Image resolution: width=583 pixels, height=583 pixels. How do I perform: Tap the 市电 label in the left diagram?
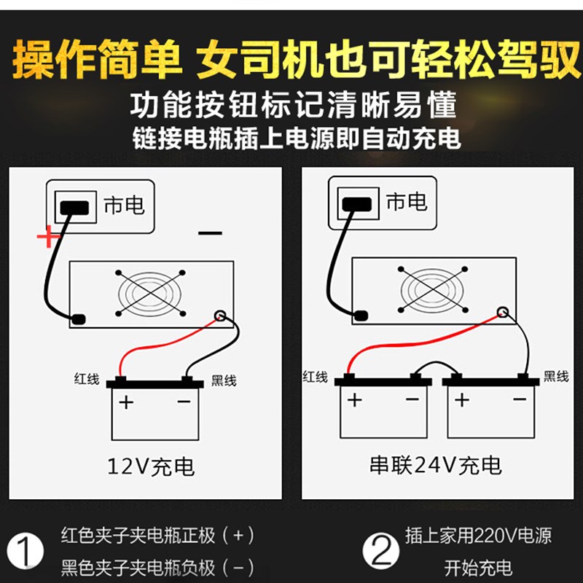(x=124, y=206)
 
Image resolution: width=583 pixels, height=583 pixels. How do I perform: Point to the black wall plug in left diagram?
(x=77, y=207)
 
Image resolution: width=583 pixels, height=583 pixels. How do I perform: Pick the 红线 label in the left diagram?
(x=87, y=378)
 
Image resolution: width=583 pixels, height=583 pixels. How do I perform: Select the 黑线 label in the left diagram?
(x=224, y=380)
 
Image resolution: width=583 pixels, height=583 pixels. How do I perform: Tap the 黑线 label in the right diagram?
(x=556, y=376)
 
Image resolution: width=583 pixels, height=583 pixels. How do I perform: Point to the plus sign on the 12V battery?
(x=127, y=402)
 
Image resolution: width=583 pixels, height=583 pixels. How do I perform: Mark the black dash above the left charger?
(x=210, y=233)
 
